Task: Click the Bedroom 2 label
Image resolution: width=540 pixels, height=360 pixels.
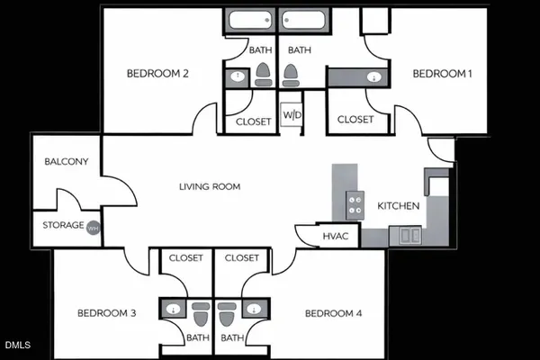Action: [x=157, y=74]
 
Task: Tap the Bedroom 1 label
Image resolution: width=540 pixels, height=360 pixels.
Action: [x=442, y=74]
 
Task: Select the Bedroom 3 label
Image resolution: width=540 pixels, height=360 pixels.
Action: [x=106, y=313]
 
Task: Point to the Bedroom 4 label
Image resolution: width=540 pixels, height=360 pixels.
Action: [x=333, y=313]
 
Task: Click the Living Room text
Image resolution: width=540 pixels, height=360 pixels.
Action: [x=210, y=186]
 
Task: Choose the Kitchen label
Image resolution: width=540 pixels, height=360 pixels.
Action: [x=398, y=206]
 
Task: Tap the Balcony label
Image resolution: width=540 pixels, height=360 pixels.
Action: [x=66, y=162]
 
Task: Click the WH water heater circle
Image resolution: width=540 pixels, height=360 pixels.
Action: [x=93, y=229]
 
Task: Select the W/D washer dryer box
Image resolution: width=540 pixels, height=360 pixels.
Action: [x=292, y=116]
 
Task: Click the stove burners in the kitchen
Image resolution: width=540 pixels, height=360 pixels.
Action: [x=355, y=205]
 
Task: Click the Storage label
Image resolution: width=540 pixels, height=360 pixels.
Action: [x=63, y=225]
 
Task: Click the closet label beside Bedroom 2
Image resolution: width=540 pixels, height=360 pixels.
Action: [x=253, y=121]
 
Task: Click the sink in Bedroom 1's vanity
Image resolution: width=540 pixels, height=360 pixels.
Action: [x=373, y=78]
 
